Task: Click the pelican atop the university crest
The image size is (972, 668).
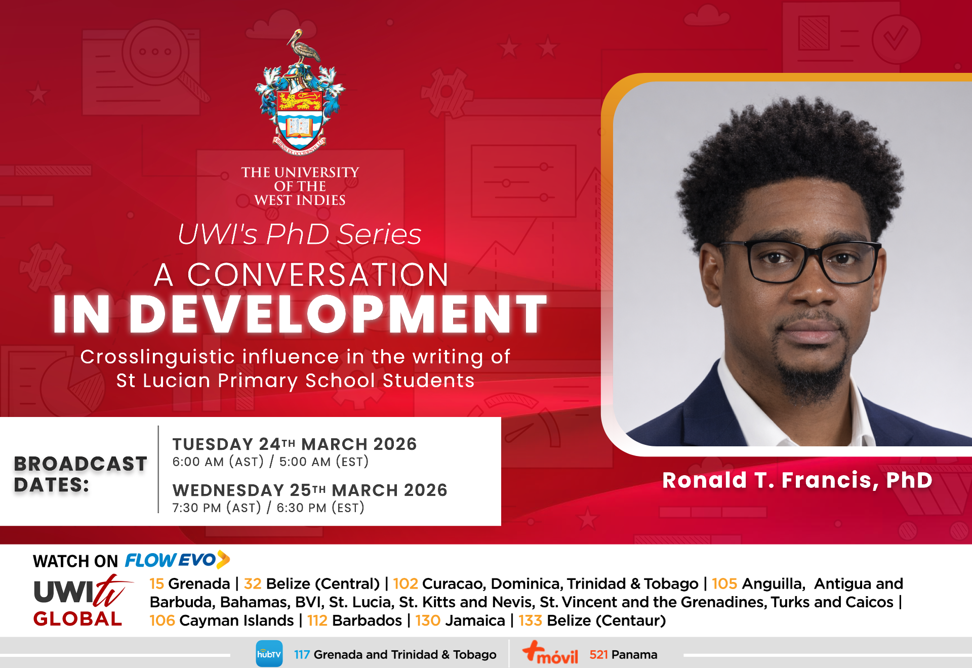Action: [304, 48]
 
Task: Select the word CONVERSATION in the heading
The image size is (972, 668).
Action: [318, 275]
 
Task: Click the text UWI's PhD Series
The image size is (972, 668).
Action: [299, 234]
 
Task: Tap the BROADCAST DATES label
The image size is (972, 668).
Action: [80, 474]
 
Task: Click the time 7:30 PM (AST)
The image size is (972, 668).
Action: [217, 508]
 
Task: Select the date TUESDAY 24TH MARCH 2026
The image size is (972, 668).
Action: [294, 444]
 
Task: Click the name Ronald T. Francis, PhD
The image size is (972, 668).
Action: [797, 480]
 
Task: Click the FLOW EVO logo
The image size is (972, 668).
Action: [177, 560]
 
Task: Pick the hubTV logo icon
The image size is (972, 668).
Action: [269, 654]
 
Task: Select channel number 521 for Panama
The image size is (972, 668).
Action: [598, 655]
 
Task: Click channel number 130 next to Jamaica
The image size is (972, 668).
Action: [428, 620]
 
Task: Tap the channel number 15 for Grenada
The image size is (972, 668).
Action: [156, 583]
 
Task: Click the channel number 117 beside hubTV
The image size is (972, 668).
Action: [302, 655]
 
